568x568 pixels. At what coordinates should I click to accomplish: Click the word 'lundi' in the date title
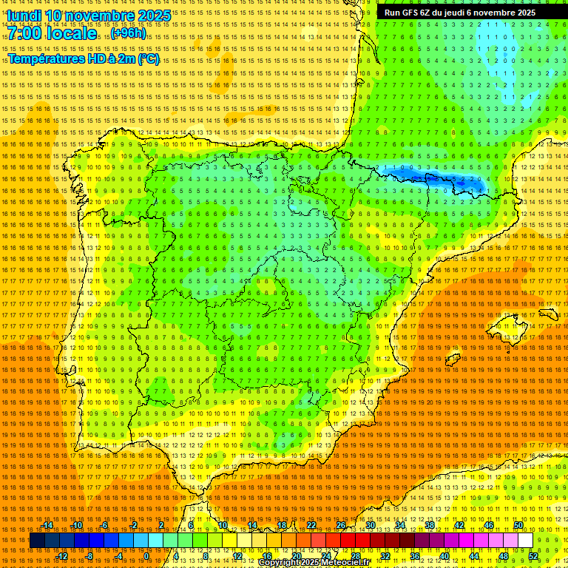24,16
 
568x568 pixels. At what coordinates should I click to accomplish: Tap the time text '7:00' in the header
27,34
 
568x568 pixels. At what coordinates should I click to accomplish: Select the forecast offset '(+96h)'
129,34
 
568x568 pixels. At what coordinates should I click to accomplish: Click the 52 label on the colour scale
533,556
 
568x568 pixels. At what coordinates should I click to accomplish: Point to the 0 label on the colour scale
146,556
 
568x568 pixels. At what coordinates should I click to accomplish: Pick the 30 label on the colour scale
370,525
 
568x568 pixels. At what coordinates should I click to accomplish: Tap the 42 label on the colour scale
459,525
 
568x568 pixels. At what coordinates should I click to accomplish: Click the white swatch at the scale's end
525,541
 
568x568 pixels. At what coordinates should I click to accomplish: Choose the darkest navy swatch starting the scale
36,541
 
